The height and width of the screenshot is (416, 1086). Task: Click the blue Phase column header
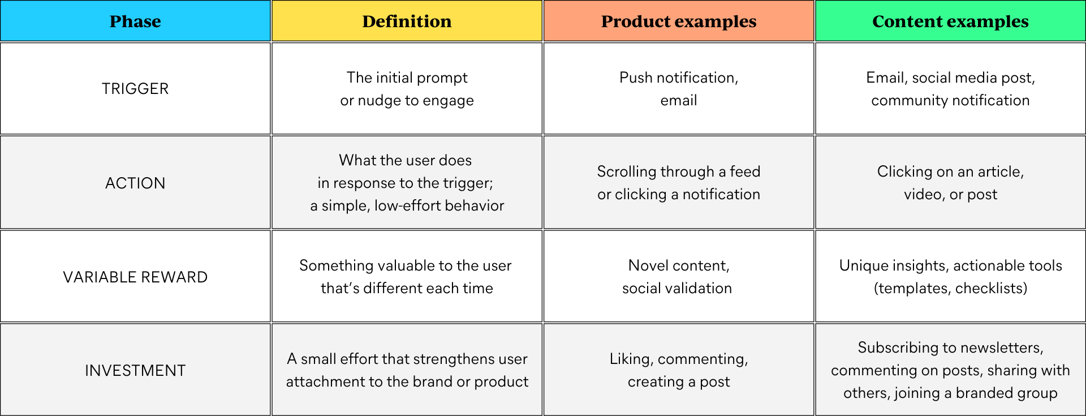tap(135, 21)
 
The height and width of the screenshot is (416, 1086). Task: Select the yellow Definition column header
tap(407, 21)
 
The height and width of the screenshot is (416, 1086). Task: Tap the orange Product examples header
tap(679, 21)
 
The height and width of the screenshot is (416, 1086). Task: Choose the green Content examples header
tap(950, 21)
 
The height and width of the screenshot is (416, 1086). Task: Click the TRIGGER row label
tap(135, 89)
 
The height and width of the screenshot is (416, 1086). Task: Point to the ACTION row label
tap(135, 183)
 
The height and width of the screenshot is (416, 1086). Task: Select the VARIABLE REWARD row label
tap(135, 277)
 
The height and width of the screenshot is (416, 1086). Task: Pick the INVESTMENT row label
tap(135, 371)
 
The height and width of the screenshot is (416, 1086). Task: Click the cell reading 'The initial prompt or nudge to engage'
tap(407, 89)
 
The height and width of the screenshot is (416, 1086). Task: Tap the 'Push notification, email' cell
tap(679, 89)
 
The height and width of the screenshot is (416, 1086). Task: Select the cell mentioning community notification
tap(950, 89)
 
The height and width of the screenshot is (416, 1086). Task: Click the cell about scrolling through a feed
tap(679, 183)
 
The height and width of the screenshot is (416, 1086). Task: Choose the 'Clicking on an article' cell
tap(950, 183)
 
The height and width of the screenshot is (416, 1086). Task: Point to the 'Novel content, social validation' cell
tap(679, 277)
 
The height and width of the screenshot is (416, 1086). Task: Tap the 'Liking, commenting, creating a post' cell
tap(679, 370)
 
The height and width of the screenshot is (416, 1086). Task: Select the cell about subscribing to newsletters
tap(950, 370)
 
